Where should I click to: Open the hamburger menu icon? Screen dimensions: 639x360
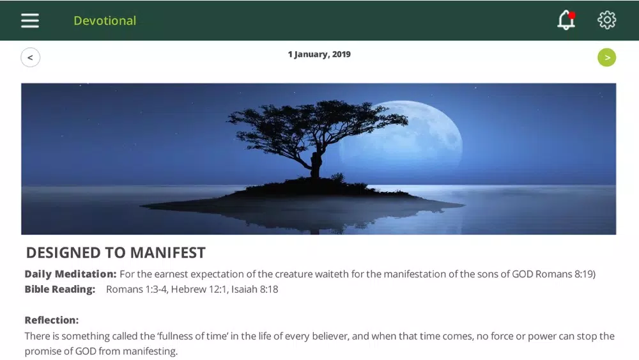[30, 20]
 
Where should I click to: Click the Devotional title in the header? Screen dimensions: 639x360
[105, 21]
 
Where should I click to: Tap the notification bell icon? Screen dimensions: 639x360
[566, 20]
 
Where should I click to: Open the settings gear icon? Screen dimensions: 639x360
[607, 20]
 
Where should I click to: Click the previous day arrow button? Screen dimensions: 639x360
[31, 58]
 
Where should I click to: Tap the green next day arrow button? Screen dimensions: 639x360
[607, 58]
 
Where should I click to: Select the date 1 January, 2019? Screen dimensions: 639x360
[319, 54]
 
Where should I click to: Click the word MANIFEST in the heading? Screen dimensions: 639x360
[168, 253]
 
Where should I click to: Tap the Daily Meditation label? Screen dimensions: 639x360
[70, 274]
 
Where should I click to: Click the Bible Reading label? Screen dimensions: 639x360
[60, 289]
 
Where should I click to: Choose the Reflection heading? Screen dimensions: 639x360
[52, 320]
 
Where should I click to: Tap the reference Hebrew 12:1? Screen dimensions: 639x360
[199, 290]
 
